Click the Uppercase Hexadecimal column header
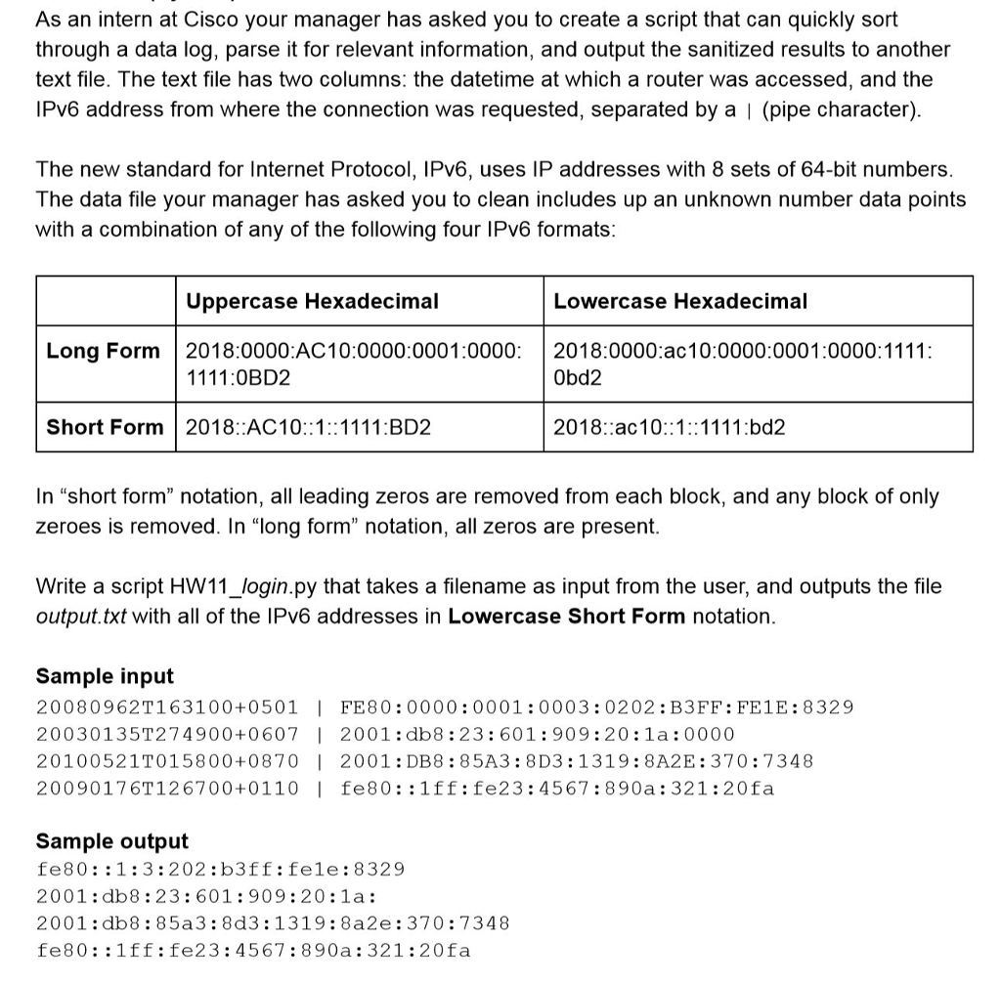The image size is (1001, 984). [x=312, y=301]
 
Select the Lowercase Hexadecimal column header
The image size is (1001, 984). [x=680, y=301]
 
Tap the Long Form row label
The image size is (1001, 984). [x=104, y=351]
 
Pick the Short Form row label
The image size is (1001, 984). [x=106, y=427]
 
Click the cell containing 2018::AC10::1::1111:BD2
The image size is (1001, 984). [x=309, y=427]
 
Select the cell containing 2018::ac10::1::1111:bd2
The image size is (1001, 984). [x=670, y=427]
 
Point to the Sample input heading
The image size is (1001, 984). [x=105, y=676]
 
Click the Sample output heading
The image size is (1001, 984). [x=112, y=841]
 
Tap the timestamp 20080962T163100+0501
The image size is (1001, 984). [x=167, y=706]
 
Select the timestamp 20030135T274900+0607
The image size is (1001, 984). [x=167, y=734]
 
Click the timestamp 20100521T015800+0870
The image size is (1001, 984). [x=167, y=760]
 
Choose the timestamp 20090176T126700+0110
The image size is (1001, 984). [x=167, y=788]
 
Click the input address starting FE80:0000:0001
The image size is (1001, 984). [x=596, y=706]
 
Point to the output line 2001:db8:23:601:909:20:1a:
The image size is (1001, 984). [x=206, y=896]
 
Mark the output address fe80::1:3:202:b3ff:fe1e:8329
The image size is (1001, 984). [x=220, y=869]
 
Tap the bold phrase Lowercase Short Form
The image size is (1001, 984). [x=567, y=617]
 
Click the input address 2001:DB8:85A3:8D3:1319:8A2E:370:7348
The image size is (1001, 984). [x=577, y=760]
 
